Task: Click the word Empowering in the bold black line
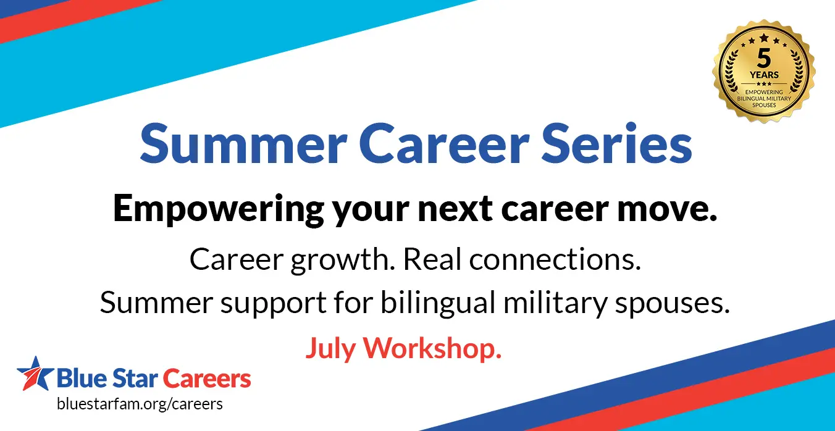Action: coord(219,209)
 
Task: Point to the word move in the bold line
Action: coord(667,209)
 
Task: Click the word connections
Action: coord(555,259)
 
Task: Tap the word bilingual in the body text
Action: coord(438,303)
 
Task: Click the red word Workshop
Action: coord(432,348)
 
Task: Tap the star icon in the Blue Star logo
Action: coord(35,374)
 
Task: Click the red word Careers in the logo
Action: coord(207,379)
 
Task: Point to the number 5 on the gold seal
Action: coord(764,58)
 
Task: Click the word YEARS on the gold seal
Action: coord(764,75)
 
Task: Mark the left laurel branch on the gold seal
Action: coord(732,71)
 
